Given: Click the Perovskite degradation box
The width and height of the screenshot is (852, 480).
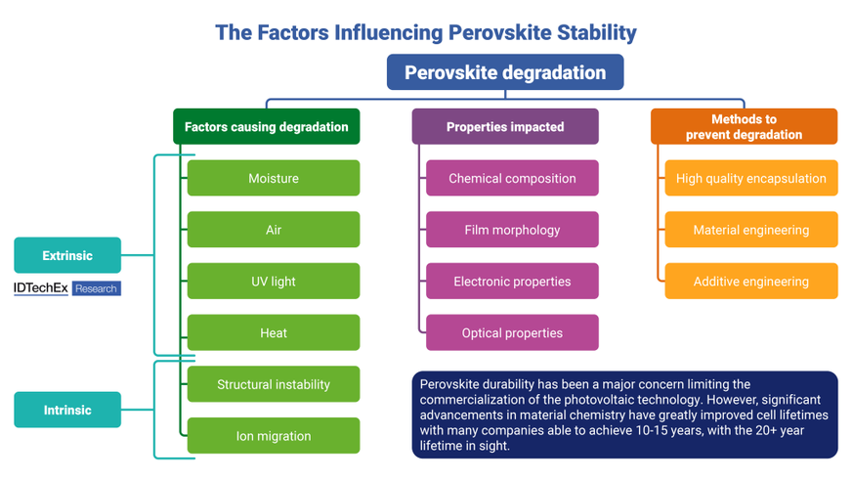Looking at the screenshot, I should tap(505, 72).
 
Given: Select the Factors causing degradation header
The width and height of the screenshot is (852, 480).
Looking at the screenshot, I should tap(266, 127).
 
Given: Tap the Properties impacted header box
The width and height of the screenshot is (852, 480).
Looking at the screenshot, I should tap(505, 127).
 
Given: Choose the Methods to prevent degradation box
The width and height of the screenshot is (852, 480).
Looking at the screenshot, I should tap(744, 127).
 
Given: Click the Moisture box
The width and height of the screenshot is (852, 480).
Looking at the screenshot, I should tap(274, 179).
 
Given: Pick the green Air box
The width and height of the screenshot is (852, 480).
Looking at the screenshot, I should tap(274, 230).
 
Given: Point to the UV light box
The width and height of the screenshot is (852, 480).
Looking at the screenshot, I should tap(274, 282).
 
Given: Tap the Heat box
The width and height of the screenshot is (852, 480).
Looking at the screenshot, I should tap(274, 333).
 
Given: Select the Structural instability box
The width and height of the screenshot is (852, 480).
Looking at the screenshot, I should tap(274, 384).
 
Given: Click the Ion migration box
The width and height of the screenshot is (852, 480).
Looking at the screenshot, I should tap(274, 436).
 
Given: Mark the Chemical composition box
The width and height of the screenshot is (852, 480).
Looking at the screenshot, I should tap(512, 179).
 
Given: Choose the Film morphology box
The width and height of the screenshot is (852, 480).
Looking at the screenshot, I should tap(512, 230).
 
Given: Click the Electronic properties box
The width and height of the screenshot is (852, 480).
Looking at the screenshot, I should tap(512, 282).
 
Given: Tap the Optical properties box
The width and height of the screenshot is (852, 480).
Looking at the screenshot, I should tap(512, 333).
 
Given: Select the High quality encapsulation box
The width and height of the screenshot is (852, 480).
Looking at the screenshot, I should tap(751, 179).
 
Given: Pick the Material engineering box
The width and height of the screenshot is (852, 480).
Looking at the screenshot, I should tap(751, 230).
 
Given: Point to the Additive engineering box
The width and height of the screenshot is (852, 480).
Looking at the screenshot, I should tap(751, 282).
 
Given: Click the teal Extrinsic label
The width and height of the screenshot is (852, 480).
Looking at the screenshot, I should tap(67, 256).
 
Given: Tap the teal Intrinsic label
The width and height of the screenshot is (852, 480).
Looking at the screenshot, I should tap(67, 411).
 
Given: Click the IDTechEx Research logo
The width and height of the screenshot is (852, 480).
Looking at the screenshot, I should tap(67, 288).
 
